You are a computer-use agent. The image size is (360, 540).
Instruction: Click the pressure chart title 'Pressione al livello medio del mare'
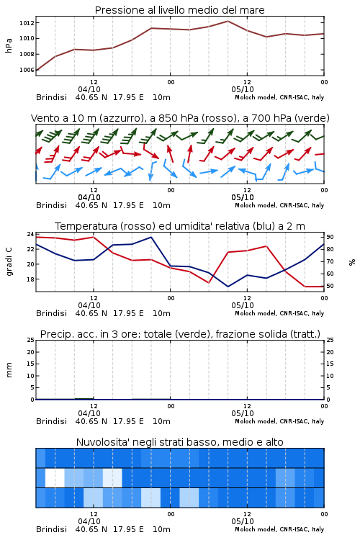(179, 10)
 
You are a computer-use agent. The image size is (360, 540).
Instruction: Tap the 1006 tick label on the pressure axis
(27, 70)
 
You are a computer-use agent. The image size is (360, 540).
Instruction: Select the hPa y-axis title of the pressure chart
(9, 45)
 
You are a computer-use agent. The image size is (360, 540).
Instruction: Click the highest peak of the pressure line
(228, 21)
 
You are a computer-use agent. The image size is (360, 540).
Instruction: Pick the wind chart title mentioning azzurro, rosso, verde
(180, 118)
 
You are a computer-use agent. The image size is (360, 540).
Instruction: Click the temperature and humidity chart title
(180, 226)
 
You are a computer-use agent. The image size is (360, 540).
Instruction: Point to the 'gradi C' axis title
(9, 261)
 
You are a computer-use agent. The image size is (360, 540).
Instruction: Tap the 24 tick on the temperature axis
(30, 234)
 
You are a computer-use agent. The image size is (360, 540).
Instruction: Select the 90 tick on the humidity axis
(330, 237)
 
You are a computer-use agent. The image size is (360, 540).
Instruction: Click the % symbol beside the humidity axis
(352, 262)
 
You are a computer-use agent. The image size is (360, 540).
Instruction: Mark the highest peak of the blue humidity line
(151, 237)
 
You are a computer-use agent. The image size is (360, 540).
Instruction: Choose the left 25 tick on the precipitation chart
(30, 340)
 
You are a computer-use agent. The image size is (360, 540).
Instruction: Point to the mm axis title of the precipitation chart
(9, 370)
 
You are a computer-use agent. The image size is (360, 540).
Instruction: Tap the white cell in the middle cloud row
(55, 477)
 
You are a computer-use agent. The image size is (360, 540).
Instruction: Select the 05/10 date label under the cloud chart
(243, 521)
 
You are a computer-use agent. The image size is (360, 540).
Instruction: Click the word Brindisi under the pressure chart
(51, 97)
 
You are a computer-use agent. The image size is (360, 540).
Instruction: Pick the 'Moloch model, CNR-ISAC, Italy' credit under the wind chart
(279, 205)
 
